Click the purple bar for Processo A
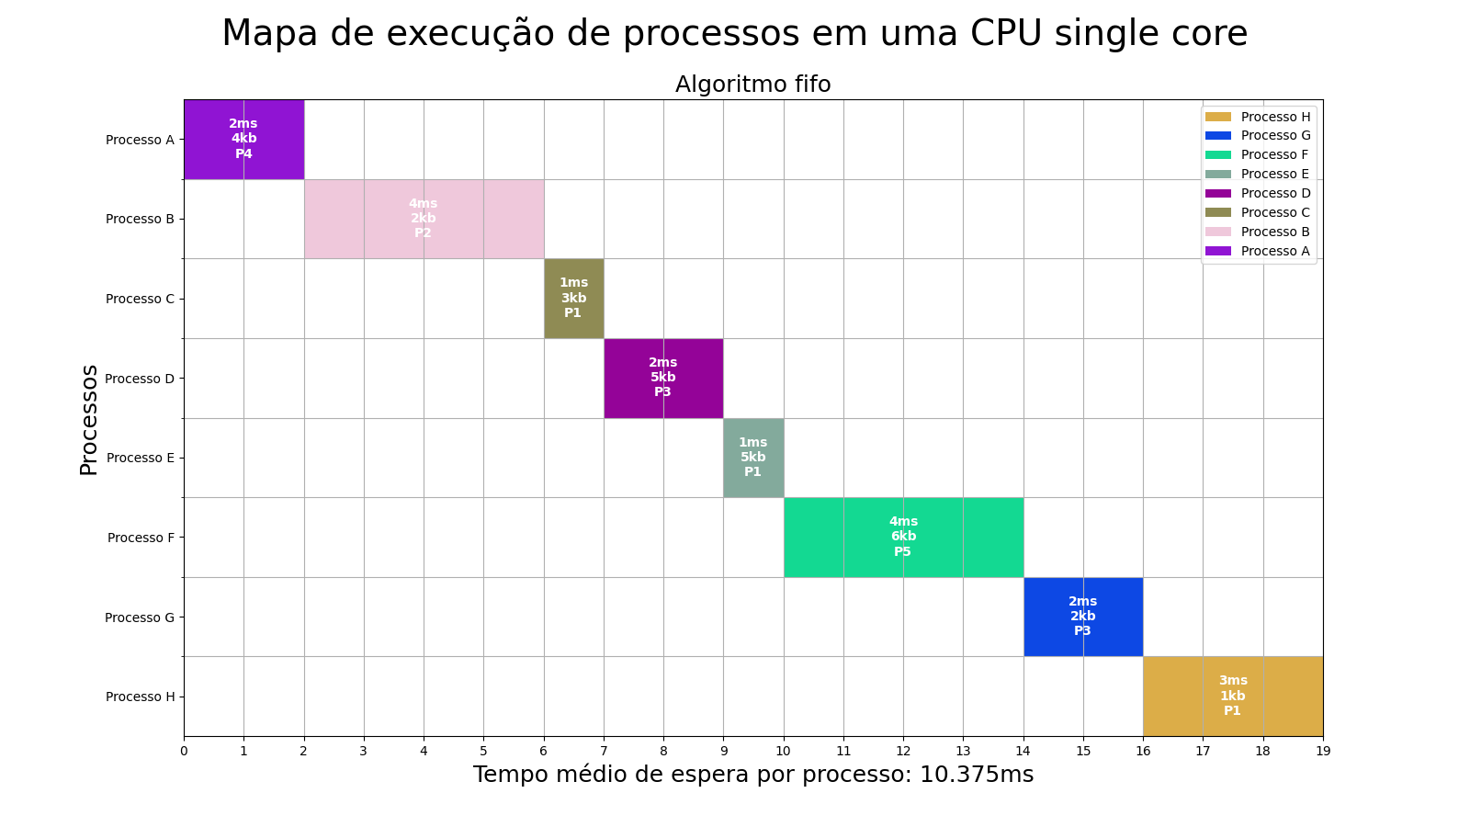(x=243, y=139)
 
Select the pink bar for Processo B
(x=424, y=219)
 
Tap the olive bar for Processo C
(x=573, y=298)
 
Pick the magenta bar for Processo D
(x=663, y=378)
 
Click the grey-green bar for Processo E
(x=753, y=458)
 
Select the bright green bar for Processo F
(x=903, y=537)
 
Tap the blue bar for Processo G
(x=1083, y=617)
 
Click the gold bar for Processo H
(x=1233, y=696)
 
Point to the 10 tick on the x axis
(x=784, y=751)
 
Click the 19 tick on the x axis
(x=1323, y=751)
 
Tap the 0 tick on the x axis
(x=184, y=751)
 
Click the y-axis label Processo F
(x=141, y=538)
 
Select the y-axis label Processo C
(x=140, y=299)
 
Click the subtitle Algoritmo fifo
(x=752, y=85)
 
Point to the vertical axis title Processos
(x=89, y=420)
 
